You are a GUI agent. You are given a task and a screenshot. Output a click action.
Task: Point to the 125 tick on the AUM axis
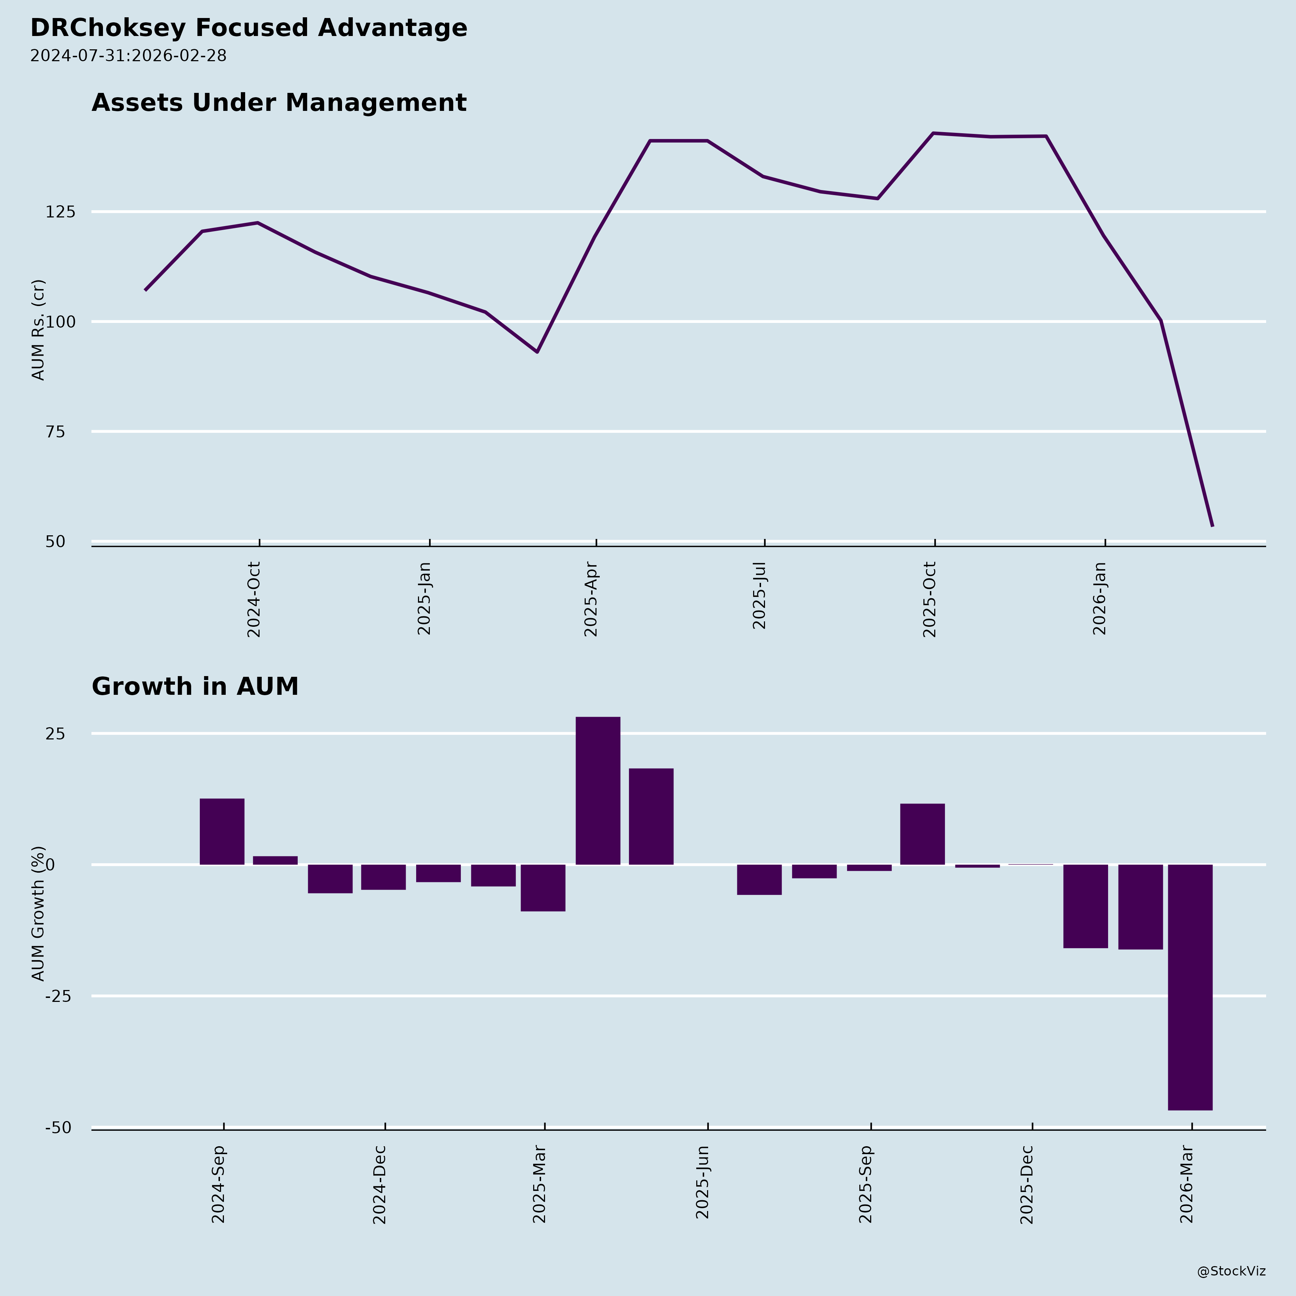(x=60, y=212)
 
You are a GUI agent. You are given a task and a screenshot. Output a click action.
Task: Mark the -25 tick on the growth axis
(x=58, y=997)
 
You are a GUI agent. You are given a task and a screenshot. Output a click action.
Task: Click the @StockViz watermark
(x=1231, y=1271)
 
